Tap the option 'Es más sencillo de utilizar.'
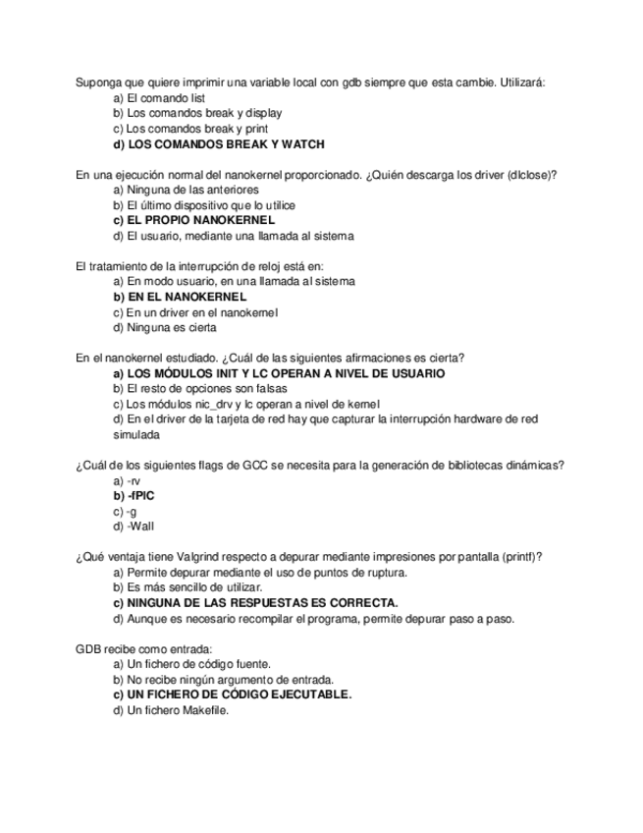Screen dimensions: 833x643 tap(190, 587)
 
